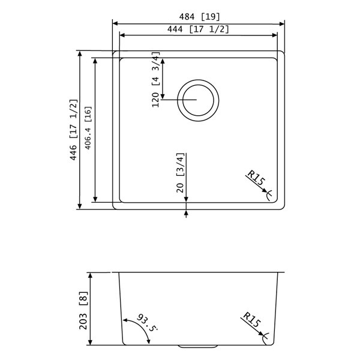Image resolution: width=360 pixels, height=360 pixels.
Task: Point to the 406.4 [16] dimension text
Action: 88,128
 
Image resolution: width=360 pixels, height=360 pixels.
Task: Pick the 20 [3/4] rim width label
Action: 181,172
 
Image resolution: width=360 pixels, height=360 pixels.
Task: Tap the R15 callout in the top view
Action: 257,181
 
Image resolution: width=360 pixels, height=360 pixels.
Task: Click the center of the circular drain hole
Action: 199,99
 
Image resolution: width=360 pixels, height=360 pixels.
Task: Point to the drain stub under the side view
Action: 199,346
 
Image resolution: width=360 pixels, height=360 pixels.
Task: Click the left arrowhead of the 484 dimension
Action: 116,23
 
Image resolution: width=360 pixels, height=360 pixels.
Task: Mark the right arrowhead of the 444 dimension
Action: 276,35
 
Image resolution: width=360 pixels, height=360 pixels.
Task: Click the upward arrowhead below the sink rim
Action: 187,212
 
